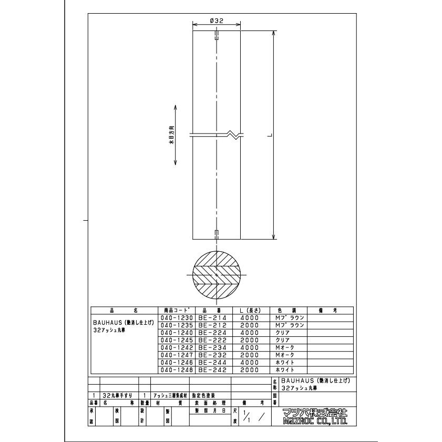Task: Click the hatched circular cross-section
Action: [217, 275]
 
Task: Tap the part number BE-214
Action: [212, 317]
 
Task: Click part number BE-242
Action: [212, 369]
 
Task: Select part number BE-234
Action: [212, 347]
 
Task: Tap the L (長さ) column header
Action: [250, 311]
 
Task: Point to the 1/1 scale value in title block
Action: [249, 419]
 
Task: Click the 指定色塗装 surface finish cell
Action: [203, 395]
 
